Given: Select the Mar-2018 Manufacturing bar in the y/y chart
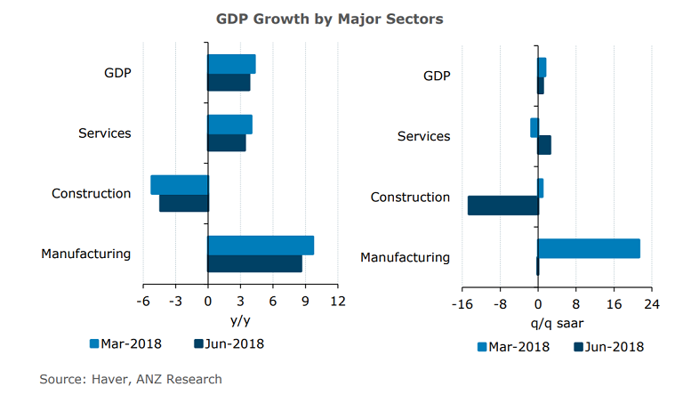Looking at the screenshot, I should [x=261, y=246].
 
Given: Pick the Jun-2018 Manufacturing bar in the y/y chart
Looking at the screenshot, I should [x=254, y=263].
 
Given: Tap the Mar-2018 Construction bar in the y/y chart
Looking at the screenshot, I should [x=180, y=184].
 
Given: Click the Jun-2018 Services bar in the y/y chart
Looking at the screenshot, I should [x=227, y=142].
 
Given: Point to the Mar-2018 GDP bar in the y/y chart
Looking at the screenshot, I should [x=231, y=64].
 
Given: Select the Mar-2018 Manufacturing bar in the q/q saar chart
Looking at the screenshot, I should [x=589, y=248].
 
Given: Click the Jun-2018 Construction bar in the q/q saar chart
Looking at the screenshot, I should [x=503, y=206].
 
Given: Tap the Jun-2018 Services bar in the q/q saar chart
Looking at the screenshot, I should [x=544, y=145].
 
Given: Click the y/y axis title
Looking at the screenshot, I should [x=240, y=320].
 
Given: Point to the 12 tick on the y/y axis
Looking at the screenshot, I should [x=337, y=302].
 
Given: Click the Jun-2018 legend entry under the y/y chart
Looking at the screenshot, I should [x=229, y=343].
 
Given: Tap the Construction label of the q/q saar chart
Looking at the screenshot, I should [x=410, y=197].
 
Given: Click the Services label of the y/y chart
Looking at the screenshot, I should [x=105, y=133].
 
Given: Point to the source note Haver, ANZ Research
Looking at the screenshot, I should [x=131, y=380].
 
